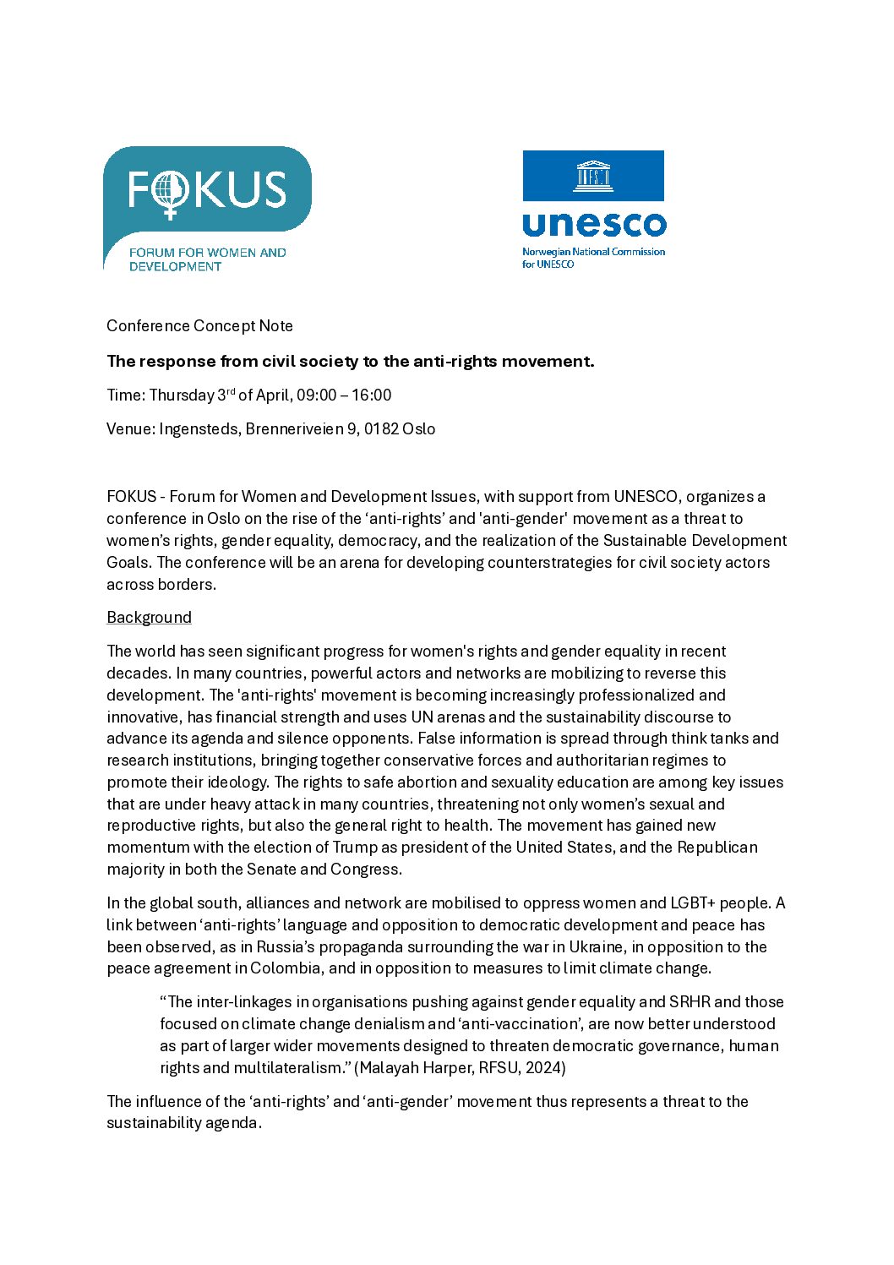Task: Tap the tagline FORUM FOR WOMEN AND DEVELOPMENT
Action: pyautogui.click(x=207, y=259)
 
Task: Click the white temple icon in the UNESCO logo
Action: pyautogui.click(x=593, y=176)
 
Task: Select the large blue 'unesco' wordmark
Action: pyautogui.click(x=594, y=225)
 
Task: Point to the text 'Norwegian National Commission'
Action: pyautogui.click(x=593, y=252)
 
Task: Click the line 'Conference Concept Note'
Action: pyautogui.click(x=199, y=326)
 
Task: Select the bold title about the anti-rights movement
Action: pyautogui.click(x=350, y=362)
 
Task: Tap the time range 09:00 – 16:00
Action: pyautogui.click(x=344, y=395)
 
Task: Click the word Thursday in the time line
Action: pyautogui.click(x=181, y=395)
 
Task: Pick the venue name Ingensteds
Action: pyautogui.click(x=199, y=429)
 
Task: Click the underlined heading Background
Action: pyautogui.click(x=149, y=618)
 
